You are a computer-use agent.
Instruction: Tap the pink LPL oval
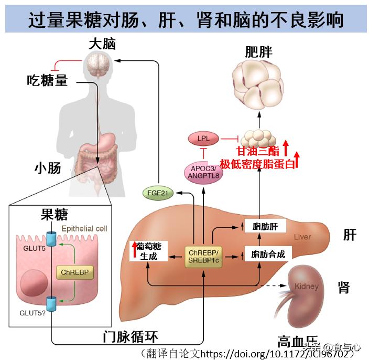point(202,139)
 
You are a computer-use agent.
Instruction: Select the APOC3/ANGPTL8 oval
point(202,172)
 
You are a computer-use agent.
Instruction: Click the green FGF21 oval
point(158,193)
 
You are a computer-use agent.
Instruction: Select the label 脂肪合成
point(268,255)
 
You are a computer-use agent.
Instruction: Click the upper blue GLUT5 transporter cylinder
point(51,239)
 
